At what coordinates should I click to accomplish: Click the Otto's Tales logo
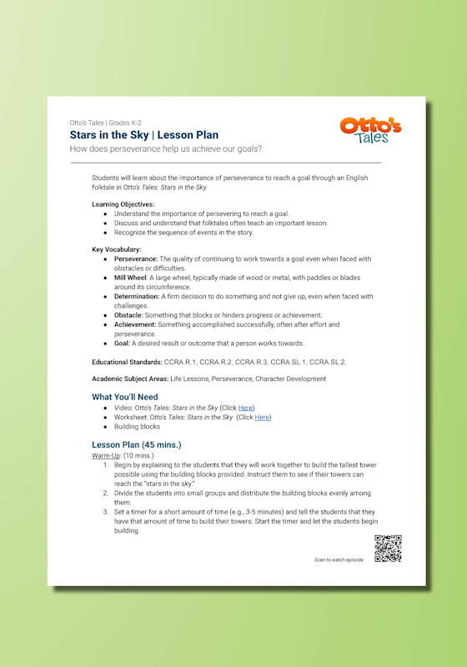(x=370, y=130)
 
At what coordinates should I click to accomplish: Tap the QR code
(x=388, y=549)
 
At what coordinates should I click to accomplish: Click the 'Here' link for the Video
(x=245, y=408)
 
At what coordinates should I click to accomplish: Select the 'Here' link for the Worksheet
(x=262, y=417)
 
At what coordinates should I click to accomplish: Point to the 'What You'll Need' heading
(x=124, y=397)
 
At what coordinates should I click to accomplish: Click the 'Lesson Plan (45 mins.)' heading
(x=136, y=444)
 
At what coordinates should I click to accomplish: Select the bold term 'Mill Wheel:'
(x=131, y=278)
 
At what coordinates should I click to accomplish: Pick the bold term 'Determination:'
(x=137, y=296)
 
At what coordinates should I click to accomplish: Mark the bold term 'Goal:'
(x=123, y=344)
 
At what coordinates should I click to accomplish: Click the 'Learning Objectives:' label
(x=123, y=204)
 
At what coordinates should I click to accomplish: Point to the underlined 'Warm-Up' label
(x=105, y=456)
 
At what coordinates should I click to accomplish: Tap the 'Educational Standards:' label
(x=127, y=362)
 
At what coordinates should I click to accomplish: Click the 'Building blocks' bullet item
(x=138, y=427)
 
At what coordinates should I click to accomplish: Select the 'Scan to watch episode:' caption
(x=339, y=559)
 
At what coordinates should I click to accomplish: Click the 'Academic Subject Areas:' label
(x=128, y=379)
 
